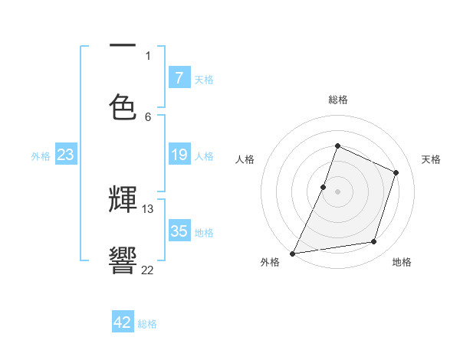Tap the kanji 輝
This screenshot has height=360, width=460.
point(123,201)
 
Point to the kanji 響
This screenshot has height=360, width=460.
point(123,260)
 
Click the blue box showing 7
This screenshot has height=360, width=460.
point(179,78)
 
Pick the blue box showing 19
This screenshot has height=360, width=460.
point(179,155)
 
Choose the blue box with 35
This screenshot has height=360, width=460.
point(179,231)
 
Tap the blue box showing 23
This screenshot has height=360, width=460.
point(65,155)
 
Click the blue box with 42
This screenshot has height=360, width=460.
point(123,322)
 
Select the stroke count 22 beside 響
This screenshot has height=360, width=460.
point(147,270)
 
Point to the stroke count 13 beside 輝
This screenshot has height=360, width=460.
point(148,208)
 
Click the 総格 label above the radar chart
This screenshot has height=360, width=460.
point(338,100)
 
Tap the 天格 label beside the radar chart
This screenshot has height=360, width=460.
point(431,159)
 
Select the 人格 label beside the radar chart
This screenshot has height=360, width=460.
point(245,159)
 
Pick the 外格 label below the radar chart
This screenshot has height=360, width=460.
point(269,263)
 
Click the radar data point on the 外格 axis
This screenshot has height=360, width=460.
point(293,253)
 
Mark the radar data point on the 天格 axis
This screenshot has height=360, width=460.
point(396,172)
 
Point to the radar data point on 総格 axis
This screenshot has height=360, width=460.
point(337,146)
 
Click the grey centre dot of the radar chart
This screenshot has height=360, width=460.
point(337,191)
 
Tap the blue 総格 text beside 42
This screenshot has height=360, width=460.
point(147,324)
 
